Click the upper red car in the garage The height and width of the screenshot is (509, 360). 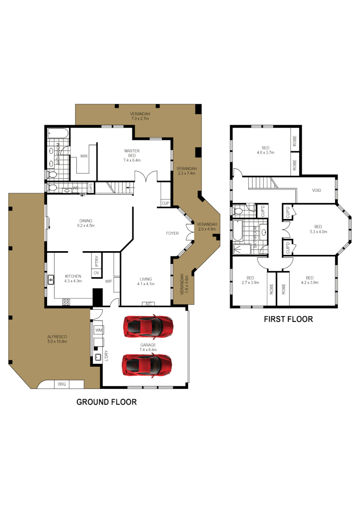[x=147, y=326]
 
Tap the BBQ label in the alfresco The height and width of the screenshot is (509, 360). [x=62, y=385]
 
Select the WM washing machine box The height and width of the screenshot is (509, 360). [x=99, y=330]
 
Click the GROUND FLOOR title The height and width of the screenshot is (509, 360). [x=106, y=402]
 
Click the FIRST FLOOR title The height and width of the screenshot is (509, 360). [x=288, y=319]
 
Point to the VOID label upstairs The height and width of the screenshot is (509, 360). [x=317, y=190]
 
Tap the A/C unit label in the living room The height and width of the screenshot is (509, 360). [x=148, y=304]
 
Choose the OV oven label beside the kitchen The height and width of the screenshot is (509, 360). [x=96, y=273]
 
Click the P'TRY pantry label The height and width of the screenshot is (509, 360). [x=96, y=260]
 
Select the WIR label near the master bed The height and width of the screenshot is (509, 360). [x=84, y=156]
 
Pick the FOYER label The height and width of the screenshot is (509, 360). [x=172, y=233]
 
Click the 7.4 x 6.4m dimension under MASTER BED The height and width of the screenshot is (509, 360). [x=132, y=160]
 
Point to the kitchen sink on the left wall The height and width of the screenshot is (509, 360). [x=49, y=280]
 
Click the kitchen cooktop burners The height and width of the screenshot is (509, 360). [x=66, y=301]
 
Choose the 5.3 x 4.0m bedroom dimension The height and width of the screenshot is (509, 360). [x=318, y=231]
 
